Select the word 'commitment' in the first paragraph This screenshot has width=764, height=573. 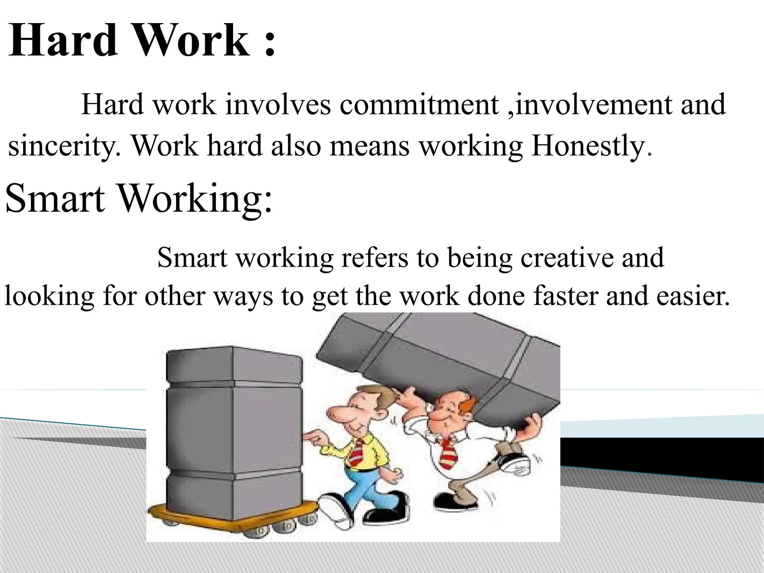(419, 104)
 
